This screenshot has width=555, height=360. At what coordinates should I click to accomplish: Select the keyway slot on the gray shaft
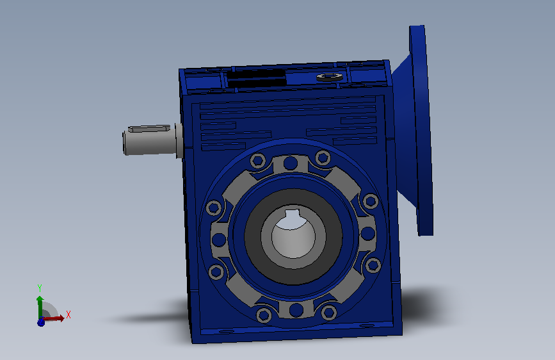point(149,128)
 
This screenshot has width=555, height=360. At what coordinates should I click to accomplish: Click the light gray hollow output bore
point(293,236)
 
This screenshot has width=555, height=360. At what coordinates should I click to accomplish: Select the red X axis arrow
point(53,318)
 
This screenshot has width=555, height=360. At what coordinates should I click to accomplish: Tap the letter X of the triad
point(68,315)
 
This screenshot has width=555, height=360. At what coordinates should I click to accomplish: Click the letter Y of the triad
point(40,288)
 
